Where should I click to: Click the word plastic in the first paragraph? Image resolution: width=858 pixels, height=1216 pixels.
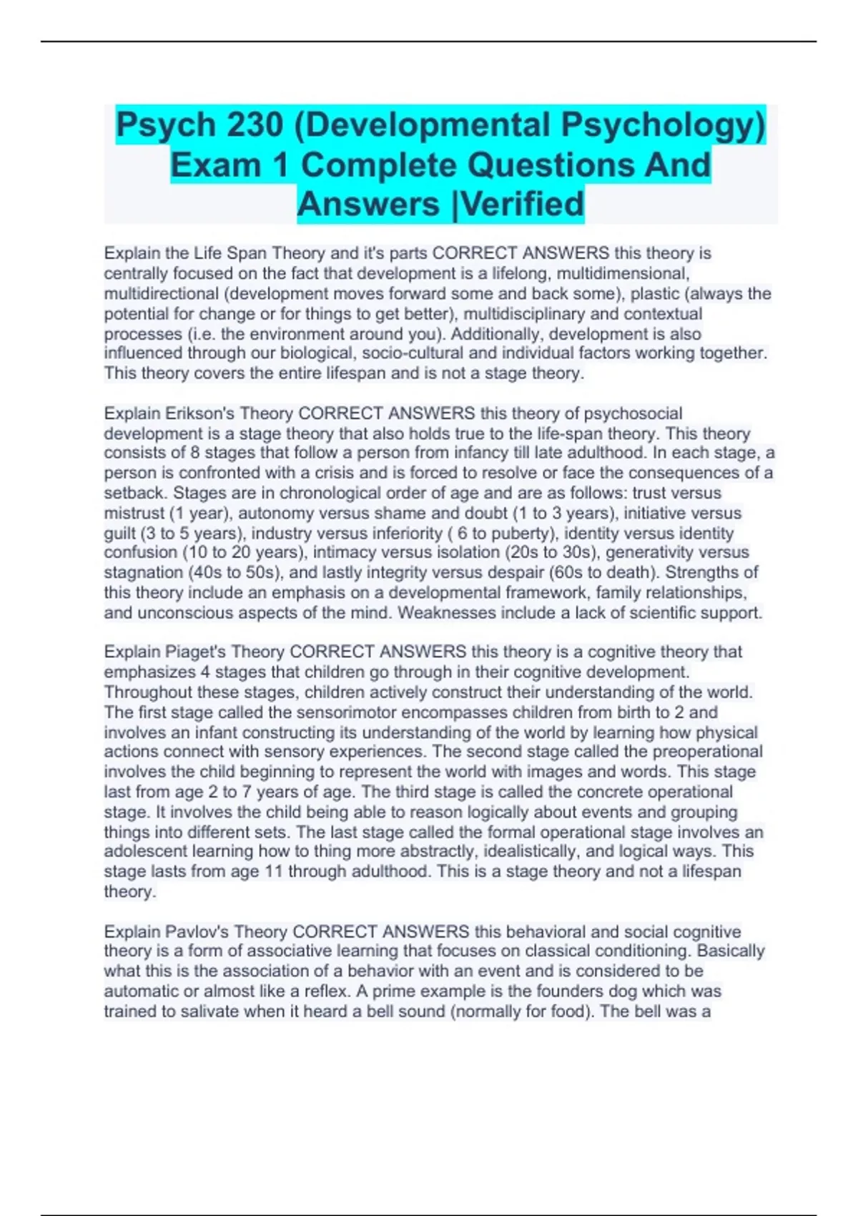[654, 293]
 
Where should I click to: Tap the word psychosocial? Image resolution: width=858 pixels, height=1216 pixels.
[633, 413]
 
